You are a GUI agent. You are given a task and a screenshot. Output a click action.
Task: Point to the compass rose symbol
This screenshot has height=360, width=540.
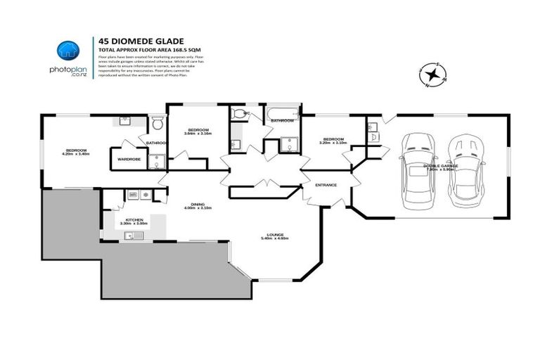pyautogui.click(x=433, y=74)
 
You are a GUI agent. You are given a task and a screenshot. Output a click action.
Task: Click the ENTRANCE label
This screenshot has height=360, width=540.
pyautogui.click(x=326, y=185)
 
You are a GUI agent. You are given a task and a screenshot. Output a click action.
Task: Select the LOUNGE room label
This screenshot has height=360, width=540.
pyautogui.click(x=275, y=236)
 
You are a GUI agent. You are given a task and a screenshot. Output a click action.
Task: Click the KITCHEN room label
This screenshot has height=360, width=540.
pyautogui.click(x=134, y=219)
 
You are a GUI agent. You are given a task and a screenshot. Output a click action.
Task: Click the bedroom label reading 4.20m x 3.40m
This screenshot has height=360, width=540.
pyautogui.click(x=76, y=152)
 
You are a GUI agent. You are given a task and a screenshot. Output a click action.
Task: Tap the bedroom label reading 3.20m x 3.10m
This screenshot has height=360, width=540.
pyautogui.click(x=333, y=141)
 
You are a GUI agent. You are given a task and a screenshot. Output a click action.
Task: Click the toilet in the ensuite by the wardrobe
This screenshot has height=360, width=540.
pyautogui.click(x=157, y=125)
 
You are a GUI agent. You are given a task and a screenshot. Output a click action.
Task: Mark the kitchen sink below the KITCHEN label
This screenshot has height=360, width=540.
pyautogui.click(x=134, y=235)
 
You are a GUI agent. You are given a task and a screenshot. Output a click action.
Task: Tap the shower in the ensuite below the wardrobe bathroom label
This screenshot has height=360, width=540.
pyautogui.click(x=159, y=162)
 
